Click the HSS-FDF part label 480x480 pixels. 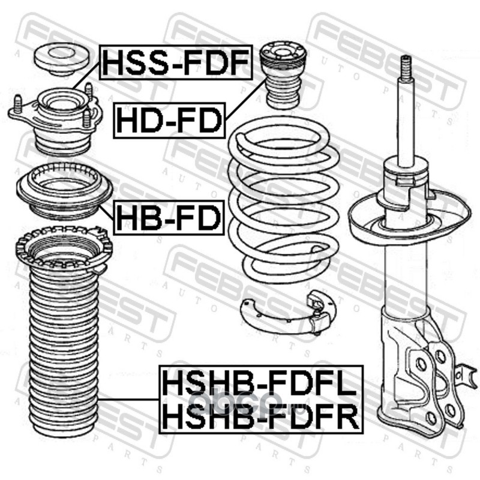tap(176, 62)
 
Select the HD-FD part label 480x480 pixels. tap(169, 121)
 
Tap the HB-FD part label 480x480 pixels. tap(169, 218)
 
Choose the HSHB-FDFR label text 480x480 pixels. tap(260, 416)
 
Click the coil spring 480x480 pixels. tap(284, 200)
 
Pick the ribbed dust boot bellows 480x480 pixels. tap(64, 352)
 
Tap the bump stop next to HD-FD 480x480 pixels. tap(283, 74)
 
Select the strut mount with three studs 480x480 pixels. tap(56, 119)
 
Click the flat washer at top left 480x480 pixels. tap(61, 59)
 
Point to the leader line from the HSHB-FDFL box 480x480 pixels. tap(128, 399)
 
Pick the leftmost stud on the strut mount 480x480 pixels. tap(18, 104)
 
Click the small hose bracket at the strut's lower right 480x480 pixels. tap(466, 376)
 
